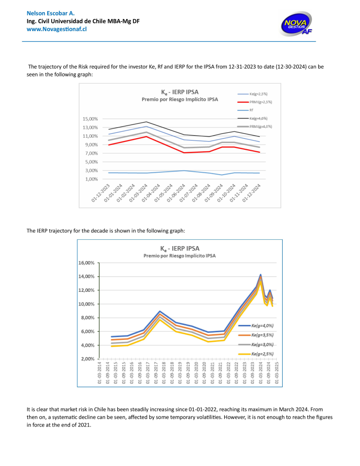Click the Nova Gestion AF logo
point(297,24)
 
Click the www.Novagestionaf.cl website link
point(56,29)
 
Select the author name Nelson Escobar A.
point(51,13)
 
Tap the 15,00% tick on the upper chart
point(90,119)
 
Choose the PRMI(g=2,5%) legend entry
point(255,102)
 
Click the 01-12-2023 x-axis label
point(101,193)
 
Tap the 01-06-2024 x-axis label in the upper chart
point(176,193)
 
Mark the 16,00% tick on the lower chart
point(86,263)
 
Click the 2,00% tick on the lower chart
point(88,359)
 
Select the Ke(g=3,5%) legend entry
point(256,335)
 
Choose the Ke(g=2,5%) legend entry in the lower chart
point(256,354)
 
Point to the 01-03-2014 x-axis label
point(100,373)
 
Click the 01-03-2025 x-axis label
point(277,373)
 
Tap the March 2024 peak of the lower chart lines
point(260,275)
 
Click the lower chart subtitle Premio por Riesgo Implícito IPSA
point(180,256)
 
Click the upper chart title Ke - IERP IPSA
point(180,92)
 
